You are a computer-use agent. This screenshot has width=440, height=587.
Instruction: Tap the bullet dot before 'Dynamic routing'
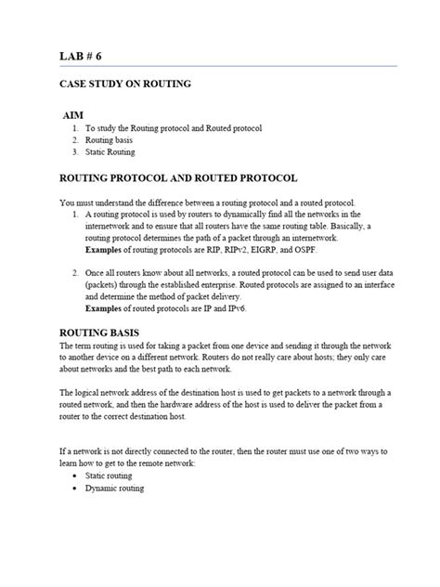coord(72,489)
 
